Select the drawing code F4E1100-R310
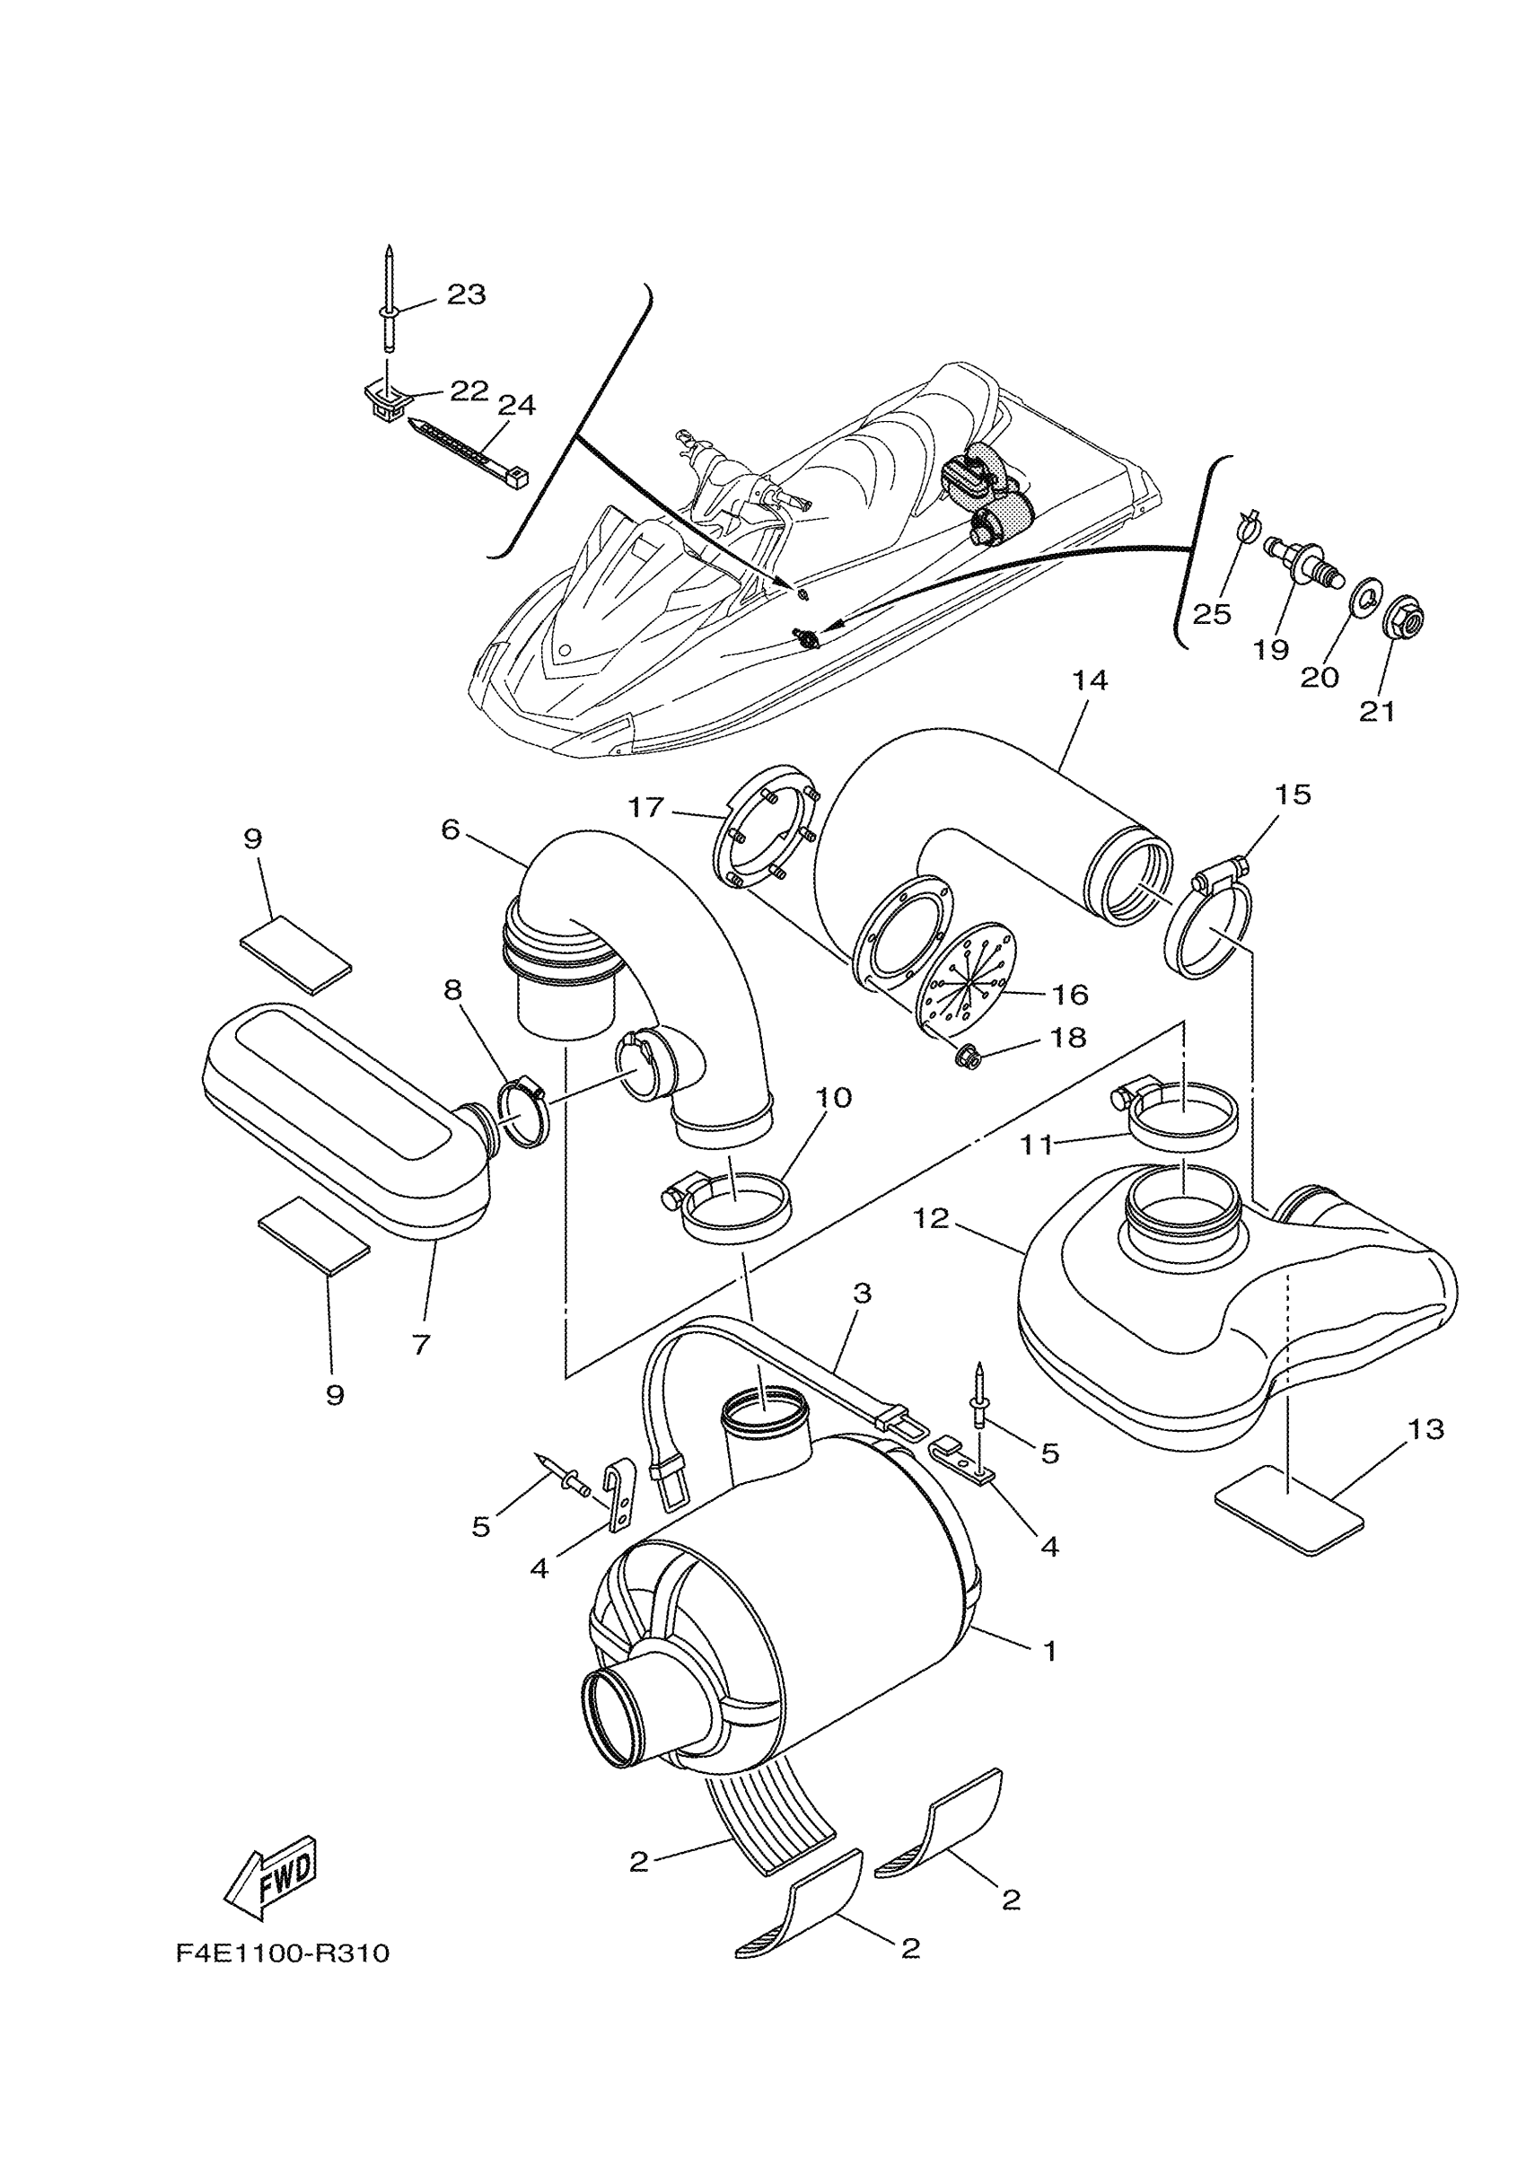(x=282, y=1955)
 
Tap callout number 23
(x=467, y=295)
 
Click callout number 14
(x=1090, y=680)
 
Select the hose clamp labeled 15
(x=1209, y=926)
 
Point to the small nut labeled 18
(x=964, y=1058)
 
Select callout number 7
(x=420, y=1345)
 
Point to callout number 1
(x=1050, y=1650)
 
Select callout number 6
(x=451, y=830)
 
